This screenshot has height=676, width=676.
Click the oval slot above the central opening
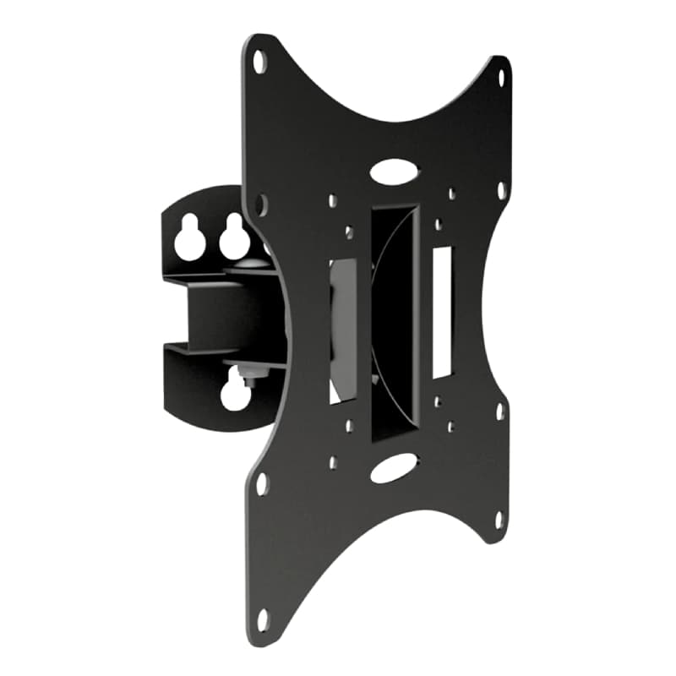394,172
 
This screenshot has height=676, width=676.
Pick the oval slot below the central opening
394,467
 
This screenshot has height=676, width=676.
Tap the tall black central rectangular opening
395,321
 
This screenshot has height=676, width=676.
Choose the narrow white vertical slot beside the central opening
442,312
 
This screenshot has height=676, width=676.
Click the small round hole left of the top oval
333,201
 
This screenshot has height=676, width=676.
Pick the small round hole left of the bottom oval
333,462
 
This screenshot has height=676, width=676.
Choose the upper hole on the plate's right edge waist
500,190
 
